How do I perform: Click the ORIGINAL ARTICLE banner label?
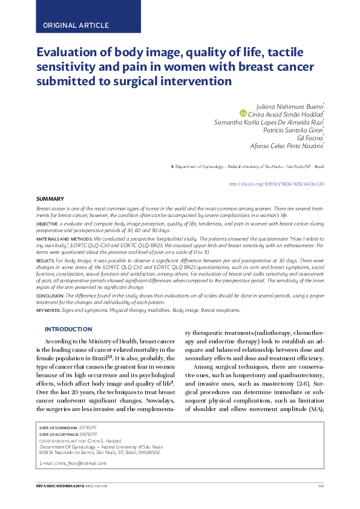click(x=76, y=25)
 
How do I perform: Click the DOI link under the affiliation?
click(x=277, y=183)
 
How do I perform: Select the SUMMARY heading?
click(x=50, y=199)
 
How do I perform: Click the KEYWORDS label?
click(x=48, y=310)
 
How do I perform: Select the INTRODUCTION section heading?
click(x=68, y=329)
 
